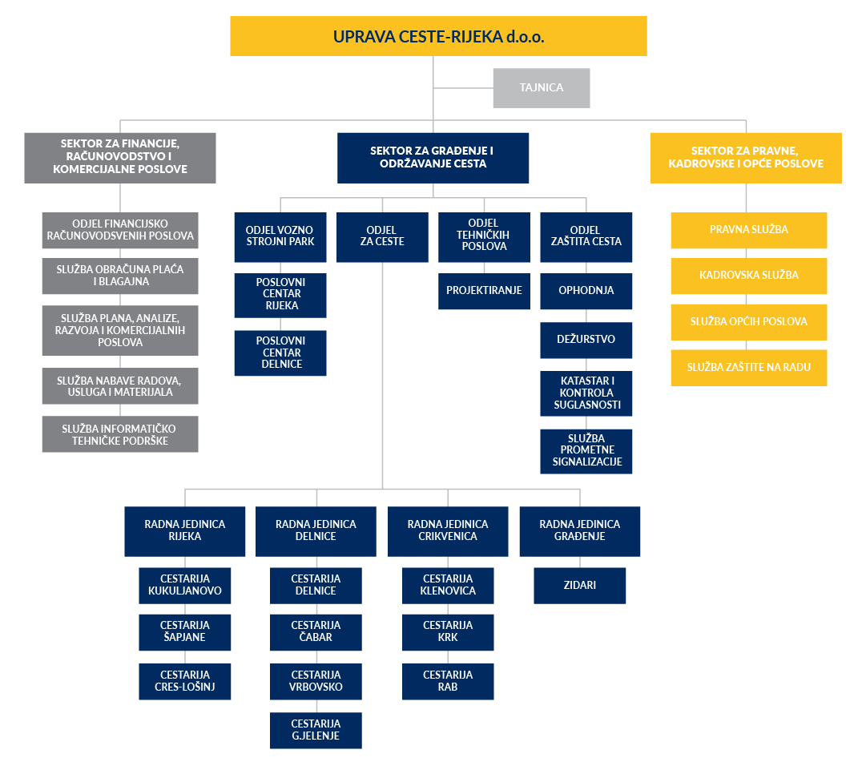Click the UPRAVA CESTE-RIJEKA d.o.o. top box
point(438,36)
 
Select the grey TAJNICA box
point(542,87)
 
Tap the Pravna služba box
point(748,230)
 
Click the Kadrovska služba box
point(748,276)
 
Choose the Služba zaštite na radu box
point(748,368)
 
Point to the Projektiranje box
point(484,291)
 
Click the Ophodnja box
point(586,291)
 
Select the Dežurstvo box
point(586,340)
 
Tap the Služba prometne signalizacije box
point(586,450)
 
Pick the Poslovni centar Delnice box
point(280,353)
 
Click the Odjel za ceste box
point(382,236)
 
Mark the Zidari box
point(579,586)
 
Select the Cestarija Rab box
point(448,681)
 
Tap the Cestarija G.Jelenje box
point(316,730)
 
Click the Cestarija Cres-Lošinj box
point(185,681)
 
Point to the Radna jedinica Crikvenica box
point(448,530)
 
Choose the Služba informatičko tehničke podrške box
point(120,434)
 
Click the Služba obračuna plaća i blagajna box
point(120,276)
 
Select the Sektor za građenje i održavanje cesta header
point(433,157)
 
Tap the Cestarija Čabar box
point(316,631)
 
